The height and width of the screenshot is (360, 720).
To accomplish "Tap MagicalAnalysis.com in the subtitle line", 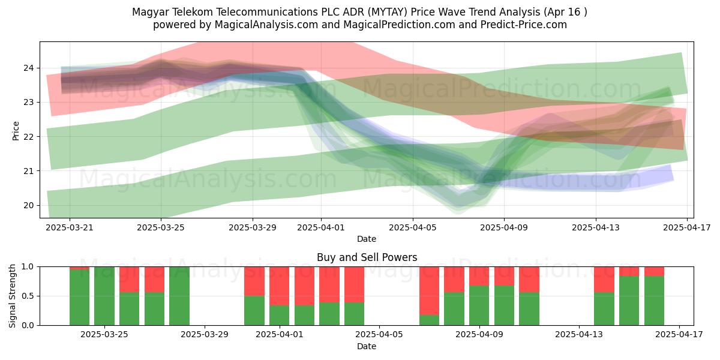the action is pos(266,25).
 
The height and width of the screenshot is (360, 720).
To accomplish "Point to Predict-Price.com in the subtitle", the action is pos(524,25).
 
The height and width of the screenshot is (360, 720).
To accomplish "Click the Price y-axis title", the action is pos(16,131).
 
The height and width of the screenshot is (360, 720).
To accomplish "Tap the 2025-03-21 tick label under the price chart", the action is pos(70,227).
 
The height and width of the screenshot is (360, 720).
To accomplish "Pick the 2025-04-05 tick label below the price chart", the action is pos(413,227).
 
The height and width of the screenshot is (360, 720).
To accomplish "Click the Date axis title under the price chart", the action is pos(367,239).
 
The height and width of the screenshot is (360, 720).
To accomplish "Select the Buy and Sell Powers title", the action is pos(367,257).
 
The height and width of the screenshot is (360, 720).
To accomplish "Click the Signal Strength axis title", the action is pos(12,296).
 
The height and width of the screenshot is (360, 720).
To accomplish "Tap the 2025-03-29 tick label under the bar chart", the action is pos(205,335).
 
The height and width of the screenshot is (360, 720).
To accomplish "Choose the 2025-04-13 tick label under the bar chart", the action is pos(579,335).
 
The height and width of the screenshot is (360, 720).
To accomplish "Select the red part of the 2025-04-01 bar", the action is pos(279,286).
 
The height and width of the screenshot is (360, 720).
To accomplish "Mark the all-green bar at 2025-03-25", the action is pos(104,296).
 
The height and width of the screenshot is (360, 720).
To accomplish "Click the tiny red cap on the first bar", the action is pos(79,268).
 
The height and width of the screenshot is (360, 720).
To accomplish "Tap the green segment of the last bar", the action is pos(654,301).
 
